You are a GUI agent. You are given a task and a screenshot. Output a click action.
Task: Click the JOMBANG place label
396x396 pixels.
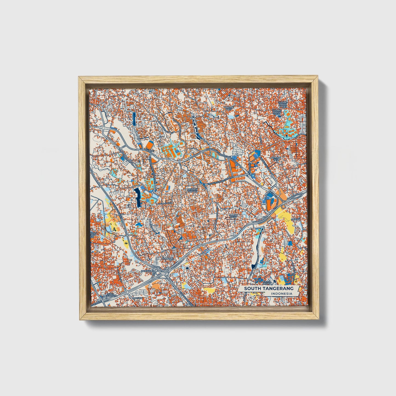pyautogui.click(x=167, y=258)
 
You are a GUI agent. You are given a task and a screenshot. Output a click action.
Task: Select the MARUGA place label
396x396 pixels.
pyautogui.click(x=136, y=298)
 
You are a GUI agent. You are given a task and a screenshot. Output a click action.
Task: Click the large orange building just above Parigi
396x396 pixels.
pyautogui.click(x=150, y=145)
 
